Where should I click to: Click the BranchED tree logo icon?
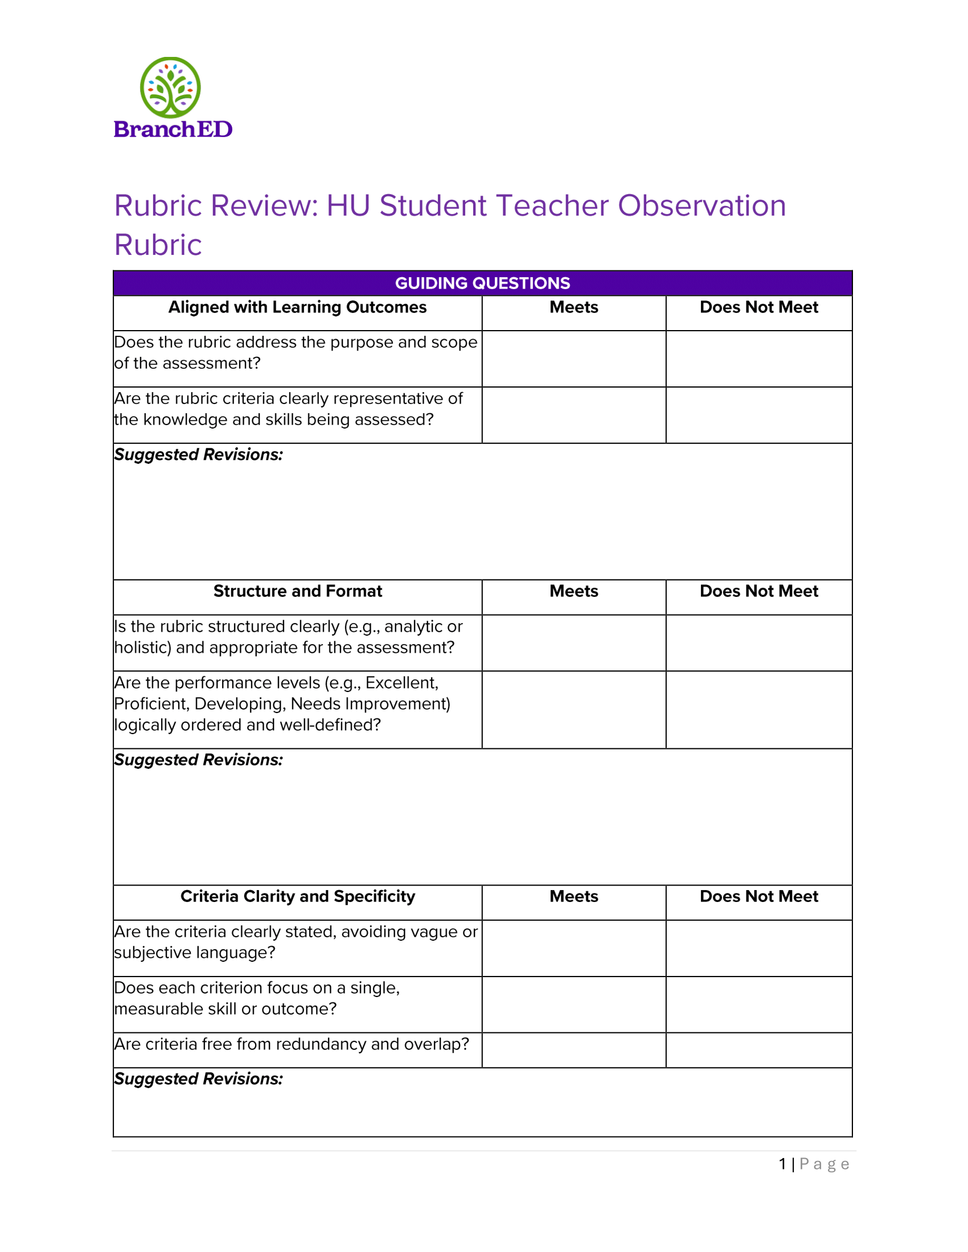tap(170, 87)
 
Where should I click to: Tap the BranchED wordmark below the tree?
tap(173, 130)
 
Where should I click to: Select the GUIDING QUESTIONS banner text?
tap(482, 283)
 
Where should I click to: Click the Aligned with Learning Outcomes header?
tap(297, 307)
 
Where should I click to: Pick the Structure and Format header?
tap(298, 591)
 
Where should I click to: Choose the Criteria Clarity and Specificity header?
tap(298, 896)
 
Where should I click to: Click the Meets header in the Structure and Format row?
tap(573, 591)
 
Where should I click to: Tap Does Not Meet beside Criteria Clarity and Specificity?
tap(758, 896)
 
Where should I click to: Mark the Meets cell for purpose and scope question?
tap(573, 359)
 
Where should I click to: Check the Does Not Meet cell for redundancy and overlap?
tap(758, 1049)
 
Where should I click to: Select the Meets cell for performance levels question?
tap(573, 709)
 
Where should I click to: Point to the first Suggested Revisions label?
tap(198, 455)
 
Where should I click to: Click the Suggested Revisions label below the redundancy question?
tap(198, 1079)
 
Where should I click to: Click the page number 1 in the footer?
tap(782, 1164)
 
